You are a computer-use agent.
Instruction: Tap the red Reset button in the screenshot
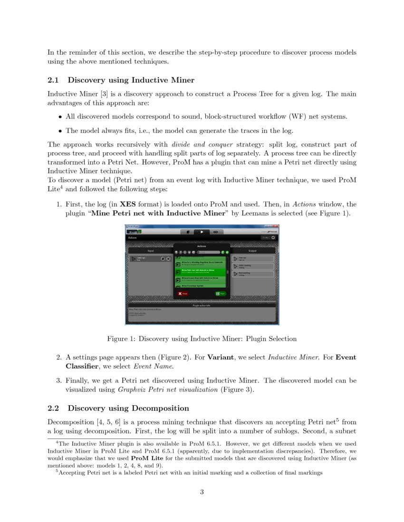183,294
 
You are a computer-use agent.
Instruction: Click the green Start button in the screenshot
220,294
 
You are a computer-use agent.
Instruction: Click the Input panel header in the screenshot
151,251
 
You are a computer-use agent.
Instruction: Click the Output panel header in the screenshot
252,251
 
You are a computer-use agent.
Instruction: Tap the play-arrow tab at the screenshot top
202,232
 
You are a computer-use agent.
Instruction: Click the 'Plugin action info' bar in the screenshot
202,306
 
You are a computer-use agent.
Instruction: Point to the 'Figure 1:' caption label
121,339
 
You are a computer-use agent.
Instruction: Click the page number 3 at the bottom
202,492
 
